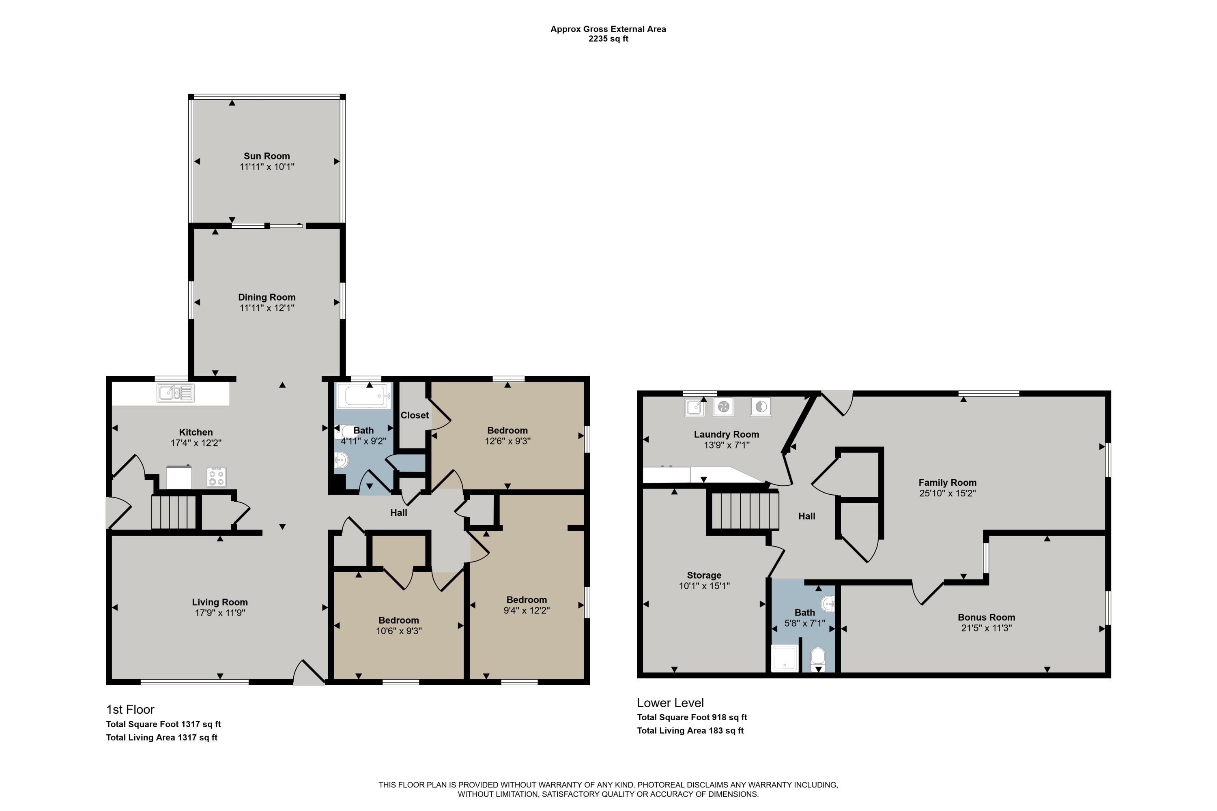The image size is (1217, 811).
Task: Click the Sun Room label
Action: point(267,156)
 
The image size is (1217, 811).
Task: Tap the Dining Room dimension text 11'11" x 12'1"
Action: point(267,308)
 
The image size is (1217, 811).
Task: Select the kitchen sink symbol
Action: point(175,393)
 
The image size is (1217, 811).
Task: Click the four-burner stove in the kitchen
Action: point(216,477)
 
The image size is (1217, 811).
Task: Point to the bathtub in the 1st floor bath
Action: point(363,396)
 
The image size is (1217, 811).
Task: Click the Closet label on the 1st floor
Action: point(415,415)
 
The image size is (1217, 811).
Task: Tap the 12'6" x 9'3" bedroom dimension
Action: point(507,441)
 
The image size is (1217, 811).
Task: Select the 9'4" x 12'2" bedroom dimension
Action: point(526,610)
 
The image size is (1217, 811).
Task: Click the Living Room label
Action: point(219,602)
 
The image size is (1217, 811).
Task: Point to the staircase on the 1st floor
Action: point(173,512)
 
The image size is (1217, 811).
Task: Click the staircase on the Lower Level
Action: point(745,511)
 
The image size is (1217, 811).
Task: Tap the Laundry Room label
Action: point(726,434)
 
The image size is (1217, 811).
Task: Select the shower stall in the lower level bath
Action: point(785,658)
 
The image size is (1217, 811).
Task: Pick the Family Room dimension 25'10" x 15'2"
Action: point(947,493)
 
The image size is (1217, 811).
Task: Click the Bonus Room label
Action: point(986,617)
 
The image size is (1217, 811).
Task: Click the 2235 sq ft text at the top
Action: point(608,39)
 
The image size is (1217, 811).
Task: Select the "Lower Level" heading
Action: point(670,703)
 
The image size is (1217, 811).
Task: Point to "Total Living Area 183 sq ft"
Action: point(690,731)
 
